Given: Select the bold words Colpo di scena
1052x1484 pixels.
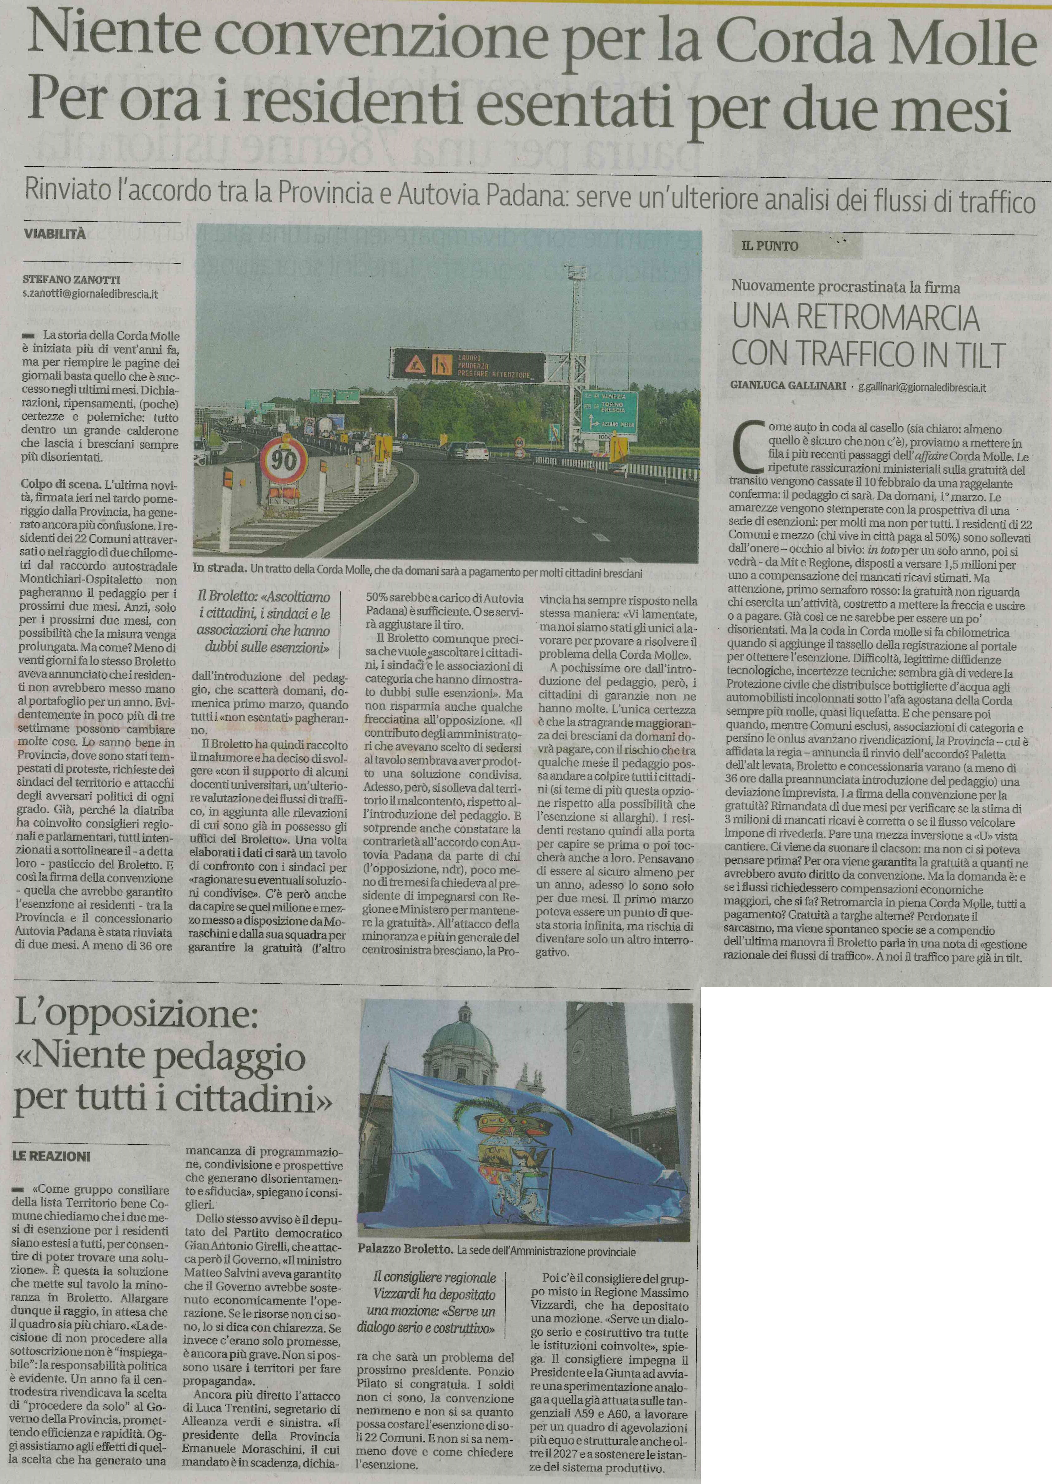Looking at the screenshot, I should (x=61, y=485).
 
